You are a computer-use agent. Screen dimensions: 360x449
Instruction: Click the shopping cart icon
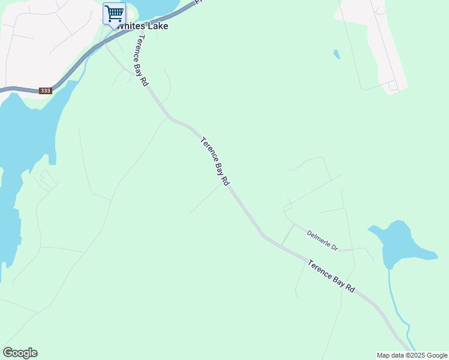(x=114, y=13)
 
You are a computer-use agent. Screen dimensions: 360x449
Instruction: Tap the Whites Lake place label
(x=143, y=26)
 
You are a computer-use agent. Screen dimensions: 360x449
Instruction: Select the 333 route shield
(x=45, y=91)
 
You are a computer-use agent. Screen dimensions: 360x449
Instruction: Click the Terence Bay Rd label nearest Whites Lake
(x=142, y=61)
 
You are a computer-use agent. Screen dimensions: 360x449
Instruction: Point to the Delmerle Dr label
(x=323, y=240)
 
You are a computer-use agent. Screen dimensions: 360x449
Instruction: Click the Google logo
(x=20, y=353)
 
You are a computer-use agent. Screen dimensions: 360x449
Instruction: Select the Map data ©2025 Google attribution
(x=412, y=355)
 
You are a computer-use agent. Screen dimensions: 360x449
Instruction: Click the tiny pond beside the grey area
(x=336, y=55)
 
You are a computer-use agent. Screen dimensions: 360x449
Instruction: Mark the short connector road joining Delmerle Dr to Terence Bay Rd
(x=287, y=235)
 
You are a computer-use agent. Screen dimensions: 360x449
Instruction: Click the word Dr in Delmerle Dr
(x=334, y=247)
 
